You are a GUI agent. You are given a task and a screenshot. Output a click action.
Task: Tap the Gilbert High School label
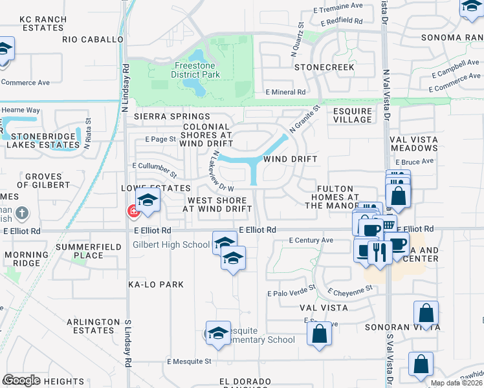click(x=171, y=244)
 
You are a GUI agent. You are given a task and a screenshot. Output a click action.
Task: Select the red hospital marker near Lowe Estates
click(x=133, y=211)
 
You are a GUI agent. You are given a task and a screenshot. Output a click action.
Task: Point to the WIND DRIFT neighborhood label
click(x=289, y=159)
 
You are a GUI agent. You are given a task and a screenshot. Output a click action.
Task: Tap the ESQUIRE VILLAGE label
click(x=353, y=115)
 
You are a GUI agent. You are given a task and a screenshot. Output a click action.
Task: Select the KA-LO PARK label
click(x=156, y=285)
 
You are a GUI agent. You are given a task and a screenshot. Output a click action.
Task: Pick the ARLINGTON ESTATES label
click(x=85, y=326)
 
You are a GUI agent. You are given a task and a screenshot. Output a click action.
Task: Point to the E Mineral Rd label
click(x=285, y=92)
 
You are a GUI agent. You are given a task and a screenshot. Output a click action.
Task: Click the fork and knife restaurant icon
click(x=377, y=252)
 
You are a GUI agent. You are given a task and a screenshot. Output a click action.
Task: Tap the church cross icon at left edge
click(x=21, y=213)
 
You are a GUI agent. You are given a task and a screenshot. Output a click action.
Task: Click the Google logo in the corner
click(x=21, y=380)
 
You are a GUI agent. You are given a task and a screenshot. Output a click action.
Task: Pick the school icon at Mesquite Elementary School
click(x=218, y=333)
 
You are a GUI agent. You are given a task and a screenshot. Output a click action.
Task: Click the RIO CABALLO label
click(x=93, y=39)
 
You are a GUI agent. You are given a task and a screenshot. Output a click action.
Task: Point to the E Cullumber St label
click(x=155, y=170)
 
